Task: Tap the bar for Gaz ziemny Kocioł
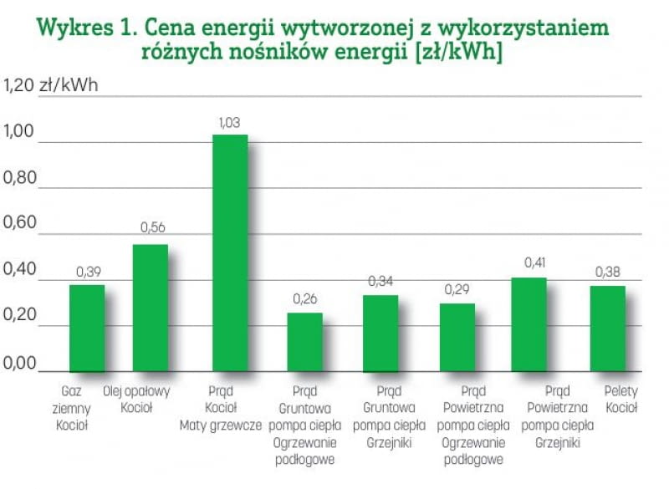tap(87, 328)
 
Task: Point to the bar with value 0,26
tap(304, 342)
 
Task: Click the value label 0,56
tap(152, 227)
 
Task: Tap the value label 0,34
tap(380, 279)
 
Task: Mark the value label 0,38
tap(608, 271)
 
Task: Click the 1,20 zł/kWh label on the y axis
tap(52, 85)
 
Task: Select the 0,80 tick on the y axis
tap(21, 178)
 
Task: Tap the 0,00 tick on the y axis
tap(21, 364)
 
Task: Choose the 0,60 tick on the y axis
tap(21, 223)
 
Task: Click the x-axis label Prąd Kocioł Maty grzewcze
tap(222, 406)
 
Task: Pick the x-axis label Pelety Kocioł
tap(620, 399)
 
